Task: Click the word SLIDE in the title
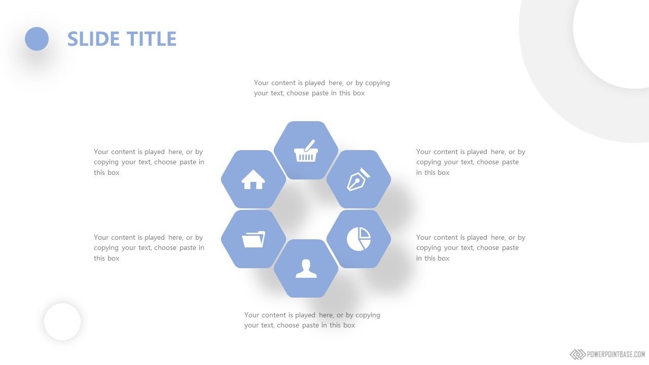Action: [x=93, y=39]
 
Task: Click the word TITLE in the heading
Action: [x=152, y=39]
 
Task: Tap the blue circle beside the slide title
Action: [x=37, y=39]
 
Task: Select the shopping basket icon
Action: [x=306, y=151]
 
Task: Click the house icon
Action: [x=253, y=179]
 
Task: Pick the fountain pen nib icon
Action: [x=358, y=179]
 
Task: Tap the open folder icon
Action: [x=254, y=239]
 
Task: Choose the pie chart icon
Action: [x=358, y=239]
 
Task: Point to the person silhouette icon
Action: [x=306, y=269]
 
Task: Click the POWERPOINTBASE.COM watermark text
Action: [x=616, y=354]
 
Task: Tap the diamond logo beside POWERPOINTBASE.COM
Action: [x=578, y=354]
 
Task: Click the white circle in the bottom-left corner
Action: [x=62, y=321]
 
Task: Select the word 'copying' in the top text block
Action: [x=377, y=83]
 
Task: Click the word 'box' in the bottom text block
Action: [x=349, y=325]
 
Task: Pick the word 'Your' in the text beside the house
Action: [x=101, y=152]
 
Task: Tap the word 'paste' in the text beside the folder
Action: [x=188, y=248]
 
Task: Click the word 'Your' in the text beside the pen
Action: [x=423, y=152]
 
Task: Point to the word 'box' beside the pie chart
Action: [x=443, y=258]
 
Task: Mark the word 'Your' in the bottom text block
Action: [x=251, y=315]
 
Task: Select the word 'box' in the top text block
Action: [x=358, y=93]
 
